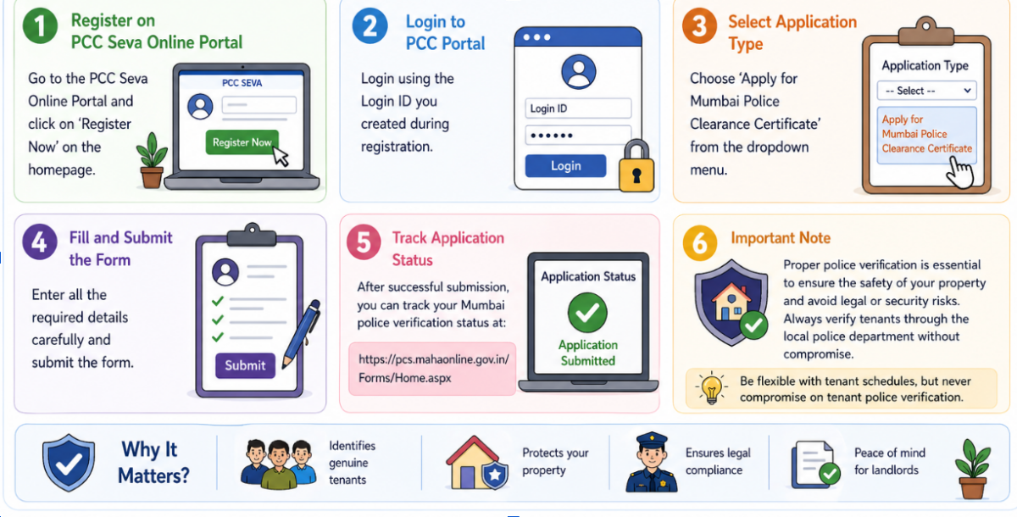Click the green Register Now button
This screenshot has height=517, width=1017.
tap(242, 142)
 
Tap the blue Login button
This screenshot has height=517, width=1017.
tap(565, 165)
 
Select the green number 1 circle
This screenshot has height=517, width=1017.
tap(41, 26)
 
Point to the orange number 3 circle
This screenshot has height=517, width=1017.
tap(700, 26)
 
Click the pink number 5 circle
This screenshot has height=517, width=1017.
tap(364, 242)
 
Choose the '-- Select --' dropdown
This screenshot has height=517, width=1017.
tap(926, 91)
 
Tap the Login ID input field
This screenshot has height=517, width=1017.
tap(578, 108)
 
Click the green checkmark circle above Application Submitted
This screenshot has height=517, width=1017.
tap(587, 313)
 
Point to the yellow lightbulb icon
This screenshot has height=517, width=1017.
tap(711, 388)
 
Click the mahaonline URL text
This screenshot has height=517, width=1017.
tap(434, 369)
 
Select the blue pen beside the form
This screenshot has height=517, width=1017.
tap(301, 334)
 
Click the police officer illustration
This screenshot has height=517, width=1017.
tap(652, 462)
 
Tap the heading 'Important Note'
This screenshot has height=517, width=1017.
tap(781, 238)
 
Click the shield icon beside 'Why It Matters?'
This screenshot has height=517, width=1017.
tap(69, 463)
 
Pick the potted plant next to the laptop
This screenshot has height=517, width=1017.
tap(152, 160)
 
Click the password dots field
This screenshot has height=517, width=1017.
tap(578, 136)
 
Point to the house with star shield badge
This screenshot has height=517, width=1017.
tap(476, 463)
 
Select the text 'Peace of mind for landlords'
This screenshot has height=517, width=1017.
tap(889, 461)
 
